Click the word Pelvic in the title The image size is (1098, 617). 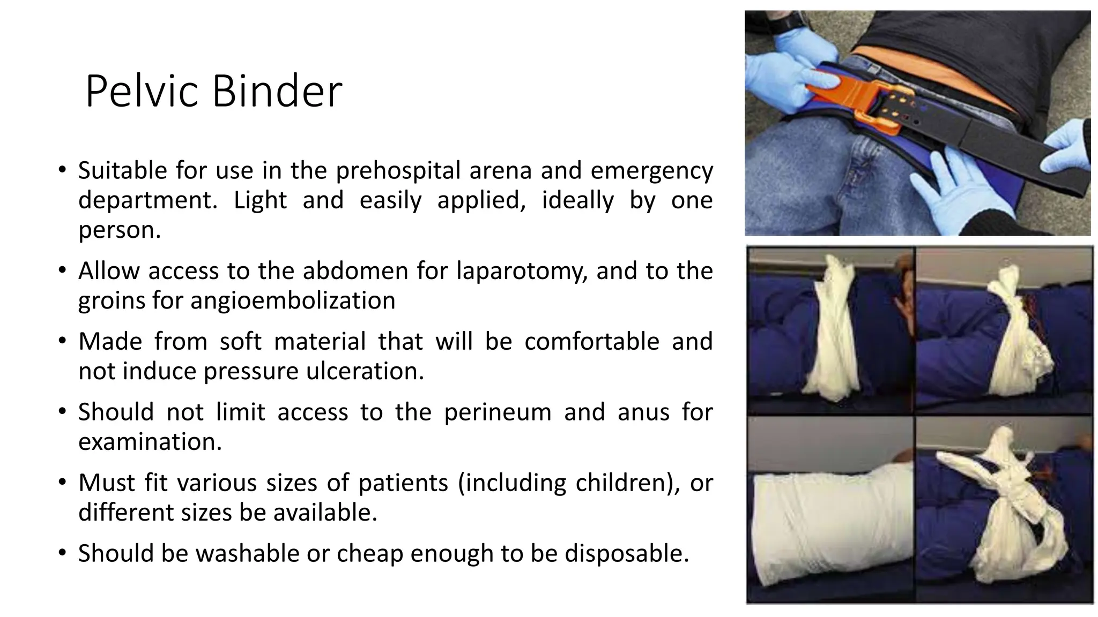click(x=144, y=92)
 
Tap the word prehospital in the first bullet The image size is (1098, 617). click(x=398, y=171)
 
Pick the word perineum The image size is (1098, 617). click(x=497, y=412)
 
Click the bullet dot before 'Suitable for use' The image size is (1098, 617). click(x=63, y=171)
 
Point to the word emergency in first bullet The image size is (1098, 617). click(x=651, y=171)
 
